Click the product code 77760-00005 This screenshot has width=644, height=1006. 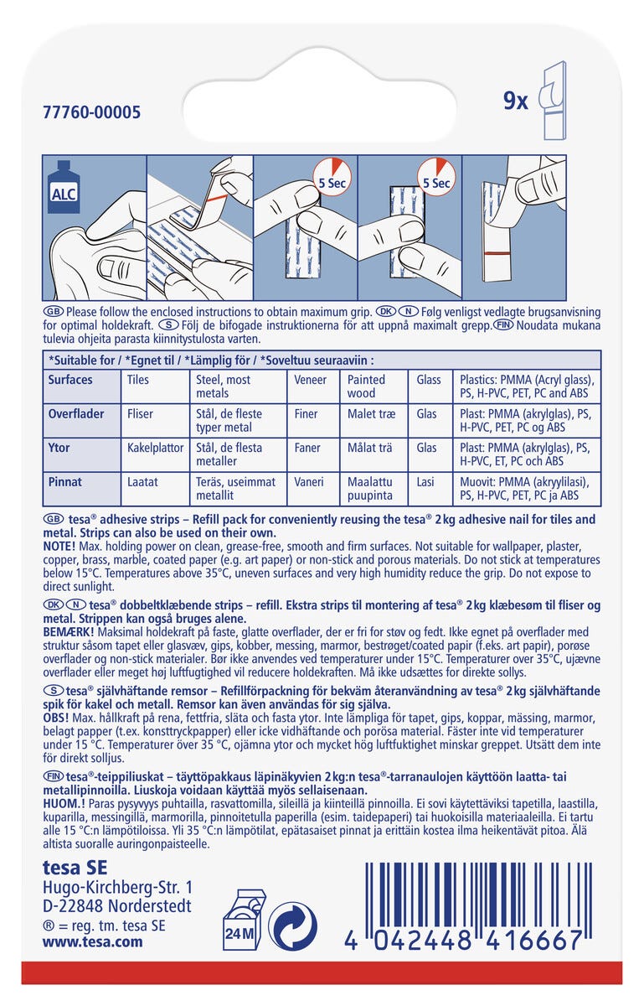(92, 112)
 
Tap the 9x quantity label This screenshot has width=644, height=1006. (515, 101)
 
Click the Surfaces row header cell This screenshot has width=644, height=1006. (70, 380)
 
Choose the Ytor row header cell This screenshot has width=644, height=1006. (59, 448)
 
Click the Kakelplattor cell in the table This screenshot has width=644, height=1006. (155, 448)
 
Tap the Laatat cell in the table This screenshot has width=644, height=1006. (142, 482)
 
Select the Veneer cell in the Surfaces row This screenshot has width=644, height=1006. (311, 380)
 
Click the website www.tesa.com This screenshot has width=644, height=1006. (92, 941)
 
